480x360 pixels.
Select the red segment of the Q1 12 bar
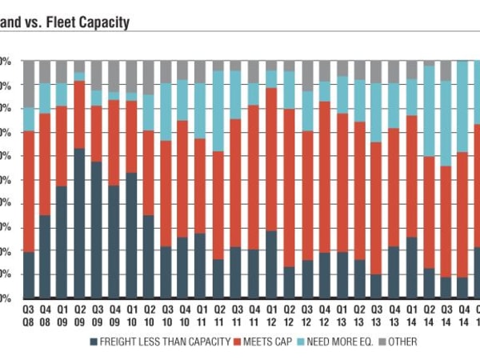point(272,159)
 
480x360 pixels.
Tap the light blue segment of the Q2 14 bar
point(429,111)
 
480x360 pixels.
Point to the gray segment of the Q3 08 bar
point(28,83)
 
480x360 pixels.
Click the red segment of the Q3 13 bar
point(375,208)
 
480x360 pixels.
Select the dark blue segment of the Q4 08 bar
point(45,256)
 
